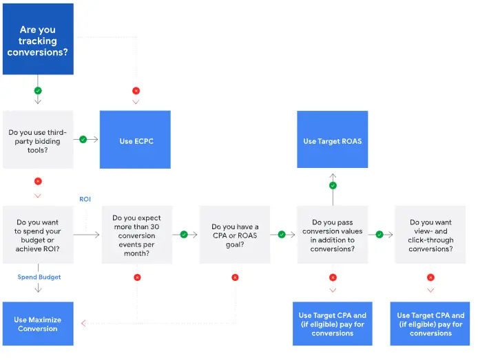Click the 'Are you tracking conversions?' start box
[38, 40]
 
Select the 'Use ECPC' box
[136, 140]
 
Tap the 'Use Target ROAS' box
[333, 140]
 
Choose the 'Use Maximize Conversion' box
[38, 324]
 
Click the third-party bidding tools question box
[38, 140]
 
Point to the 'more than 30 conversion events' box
[136, 234]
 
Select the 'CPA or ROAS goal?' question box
[235, 234]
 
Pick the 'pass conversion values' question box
[333, 234]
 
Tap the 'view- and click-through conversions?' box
[431, 234]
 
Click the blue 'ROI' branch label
[85, 199]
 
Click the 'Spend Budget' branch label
[39, 277]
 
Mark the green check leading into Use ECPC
[83, 140]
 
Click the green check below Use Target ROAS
[333, 185]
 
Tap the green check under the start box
[38, 90]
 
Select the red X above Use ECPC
[136, 90]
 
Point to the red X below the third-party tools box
[38, 181]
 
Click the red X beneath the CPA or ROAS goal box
[235, 277]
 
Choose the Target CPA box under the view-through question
[430, 324]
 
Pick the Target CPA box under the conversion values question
[333, 324]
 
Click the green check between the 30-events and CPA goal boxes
[184, 234]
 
